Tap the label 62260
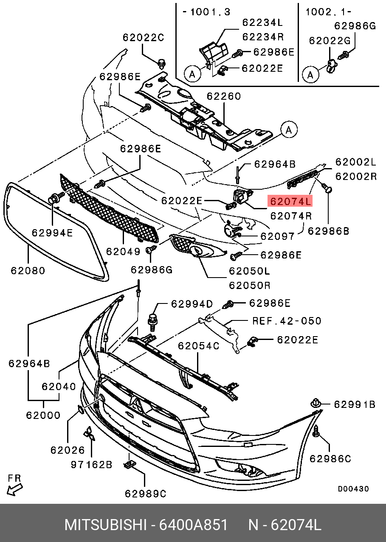[224, 96]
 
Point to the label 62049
[123, 251]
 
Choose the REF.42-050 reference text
[287, 321]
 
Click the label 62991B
[354, 404]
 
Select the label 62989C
[145, 494]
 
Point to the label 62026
[68, 450]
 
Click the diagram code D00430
[353, 489]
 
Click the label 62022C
[143, 37]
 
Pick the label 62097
[277, 236]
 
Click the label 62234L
[262, 22]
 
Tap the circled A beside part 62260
[289, 130]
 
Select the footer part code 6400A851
[193, 525]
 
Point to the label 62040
[59, 387]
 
